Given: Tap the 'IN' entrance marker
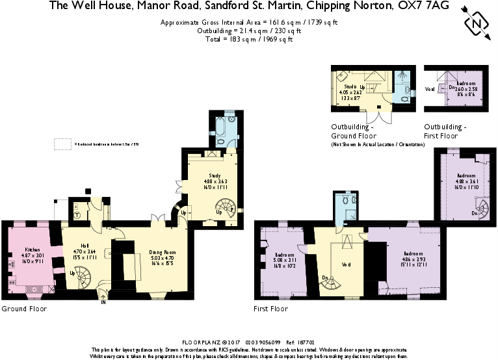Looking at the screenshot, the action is tap(103, 301).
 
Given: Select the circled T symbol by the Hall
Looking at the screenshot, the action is tap(77, 214).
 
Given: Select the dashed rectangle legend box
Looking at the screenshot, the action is tap(63, 144).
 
